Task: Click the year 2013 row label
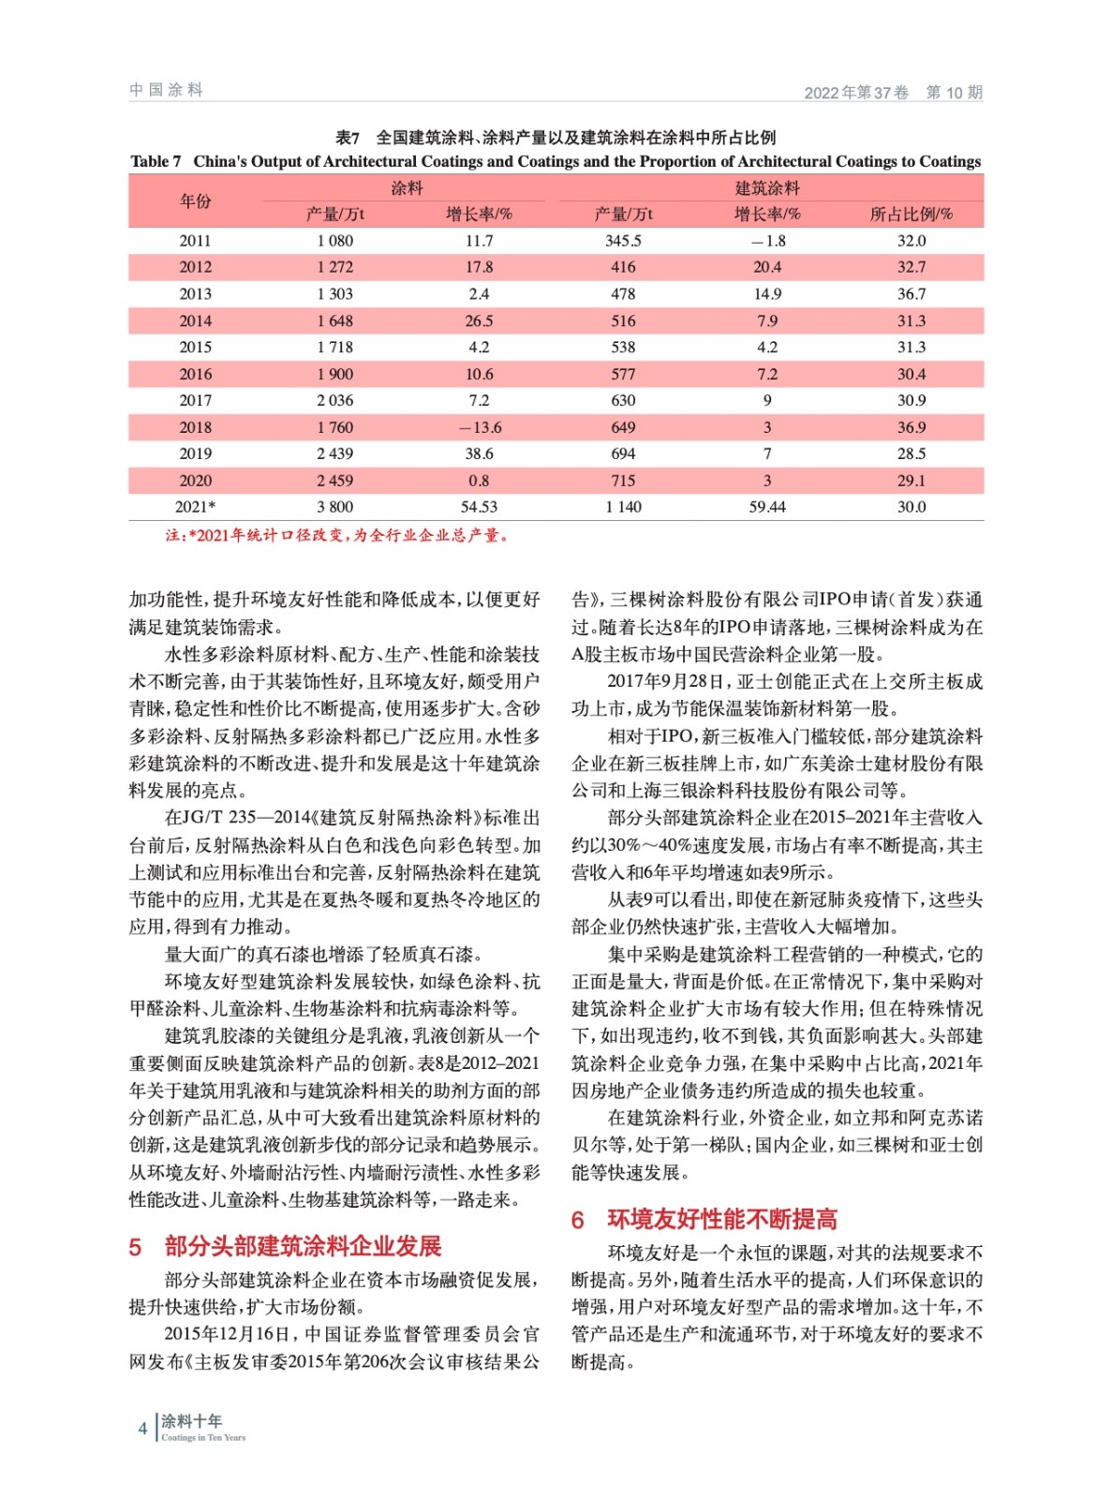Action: [x=195, y=294]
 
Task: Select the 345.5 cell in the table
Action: [x=623, y=241]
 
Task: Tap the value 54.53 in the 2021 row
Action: [x=479, y=507]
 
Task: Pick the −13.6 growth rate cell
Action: [x=479, y=427]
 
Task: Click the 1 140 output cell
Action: [x=623, y=507]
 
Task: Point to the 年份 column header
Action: [x=195, y=200]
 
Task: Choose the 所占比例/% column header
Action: [x=911, y=215]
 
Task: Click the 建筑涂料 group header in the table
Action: [x=767, y=188]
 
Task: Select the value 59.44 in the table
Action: [x=767, y=507]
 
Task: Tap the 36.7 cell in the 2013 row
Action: [x=911, y=294]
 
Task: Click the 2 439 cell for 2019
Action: [x=334, y=453]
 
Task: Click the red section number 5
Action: [x=135, y=1247]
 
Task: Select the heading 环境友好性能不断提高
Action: [x=722, y=1219]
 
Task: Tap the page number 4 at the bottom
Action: [x=142, y=1429]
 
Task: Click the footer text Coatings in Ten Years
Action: [x=203, y=1438]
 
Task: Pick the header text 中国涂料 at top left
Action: [x=166, y=90]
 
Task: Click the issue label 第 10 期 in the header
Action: [x=954, y=92]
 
